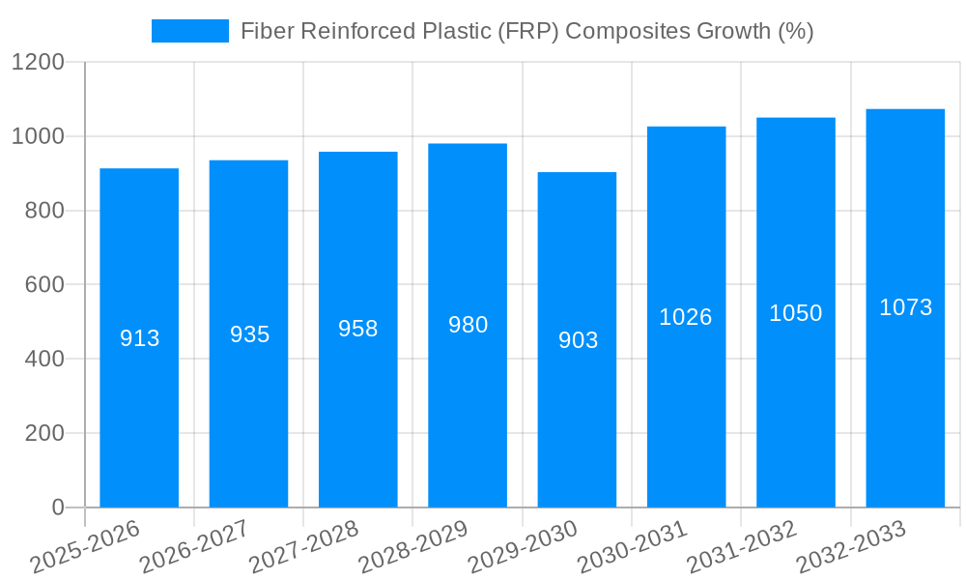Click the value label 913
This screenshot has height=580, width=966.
[x=139, y=338]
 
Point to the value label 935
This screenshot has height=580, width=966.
[x=249, y=334]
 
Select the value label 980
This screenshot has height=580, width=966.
[x=468, y=325]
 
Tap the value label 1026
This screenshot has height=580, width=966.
[x=686, y=317]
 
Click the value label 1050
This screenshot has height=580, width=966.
[x=796, y=313]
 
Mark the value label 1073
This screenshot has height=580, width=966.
[x=905, y=307]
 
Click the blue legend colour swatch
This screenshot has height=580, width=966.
[x=189, y=31]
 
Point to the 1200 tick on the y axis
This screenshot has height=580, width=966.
[x=38, y=63]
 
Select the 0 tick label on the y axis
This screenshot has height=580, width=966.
[x=57, y=507]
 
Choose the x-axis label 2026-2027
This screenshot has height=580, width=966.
[x=194, y=547]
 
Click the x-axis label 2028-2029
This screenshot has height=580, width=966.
[x=413, y=547]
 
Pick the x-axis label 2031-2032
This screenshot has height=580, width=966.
[x=741, y=547]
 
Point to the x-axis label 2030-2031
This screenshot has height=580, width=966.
[x=632, y=547]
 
